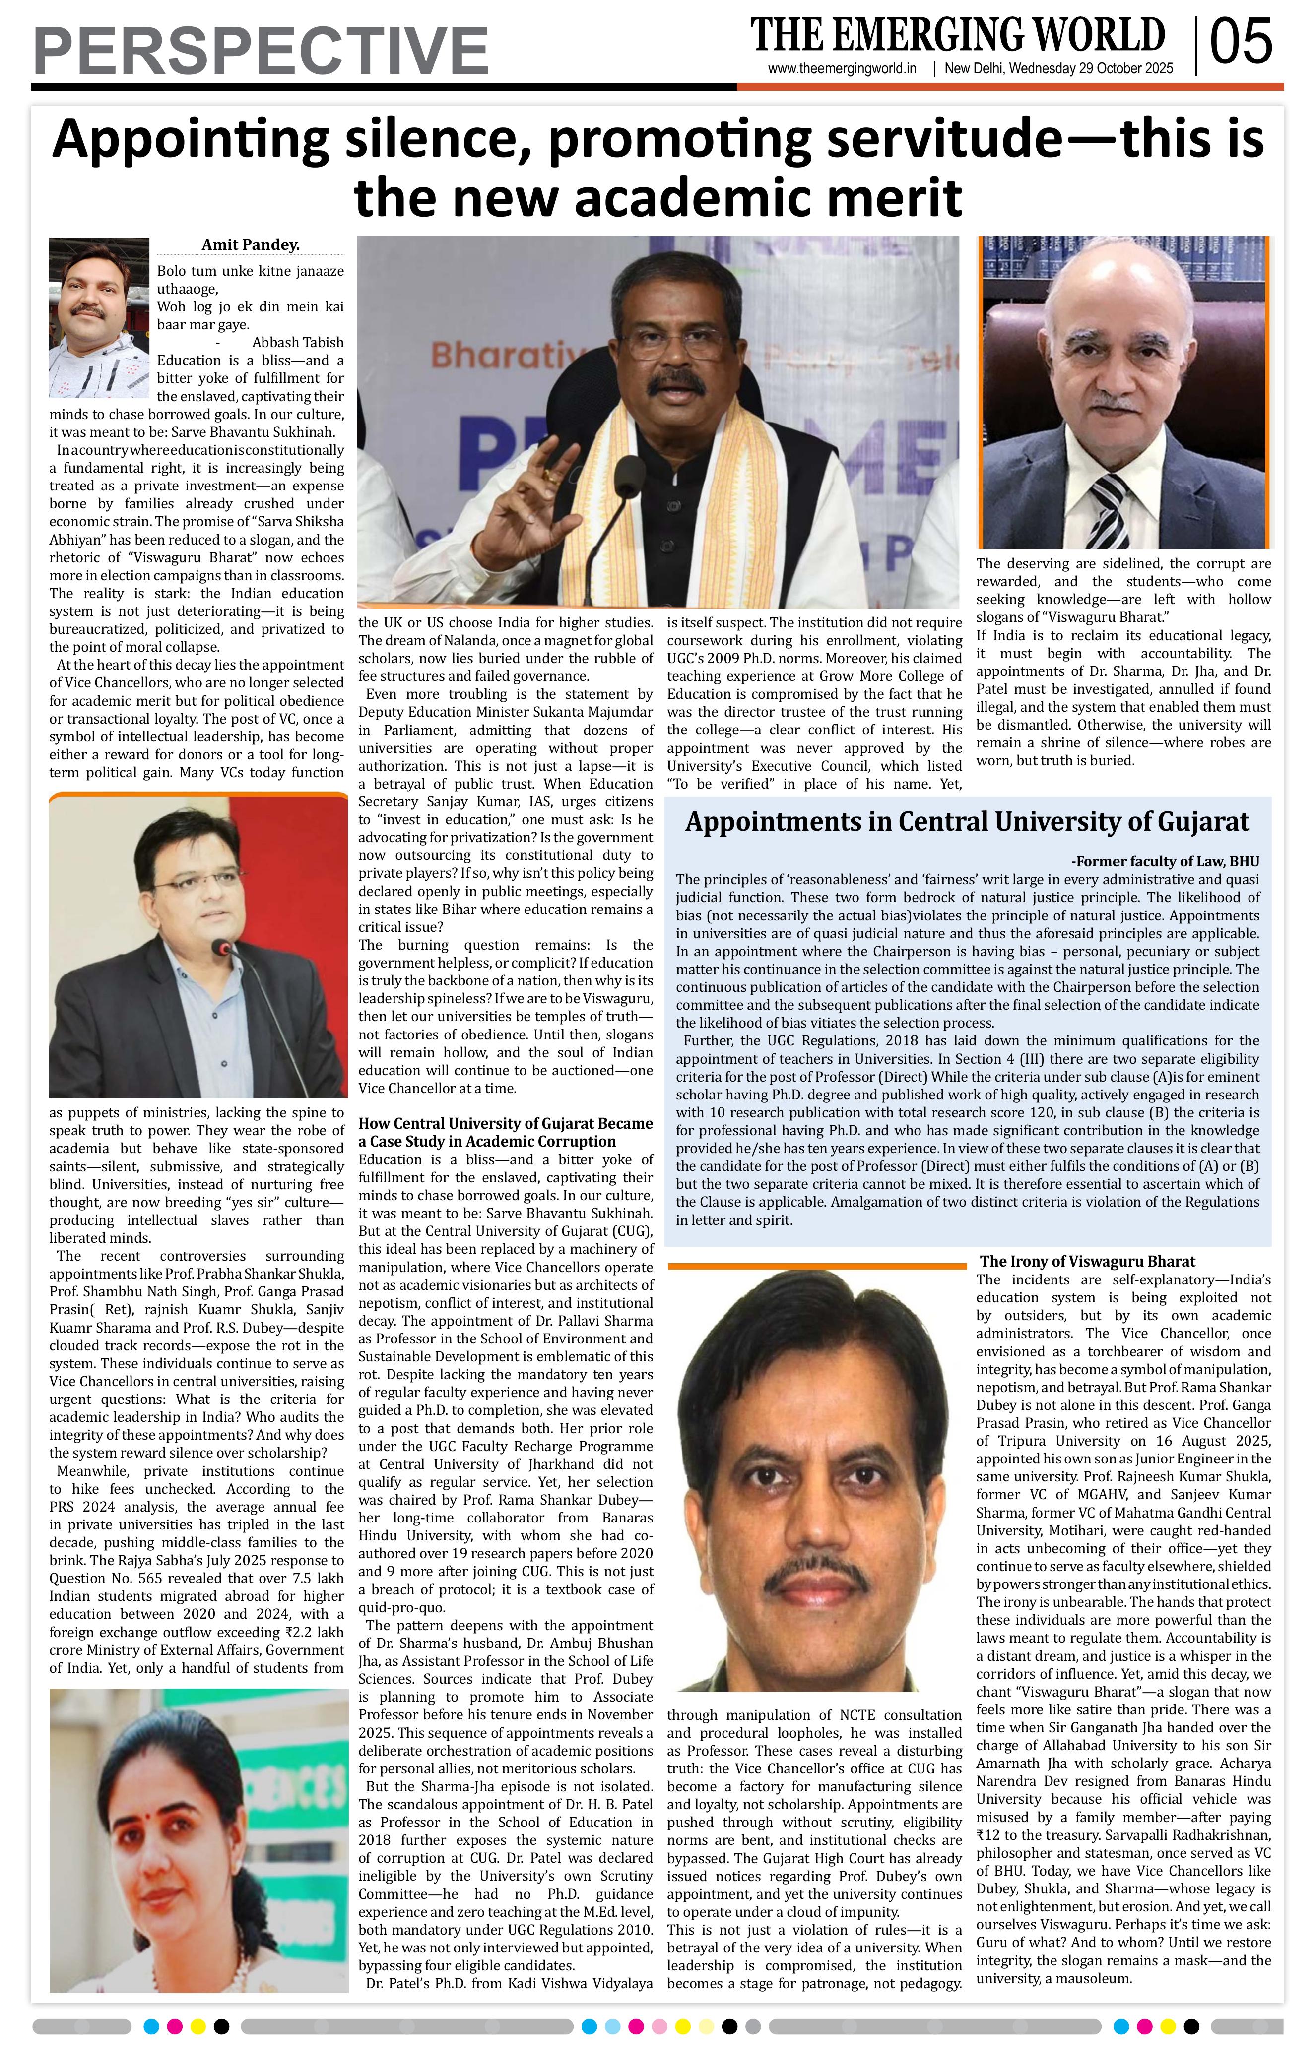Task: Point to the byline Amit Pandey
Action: click(250, 245)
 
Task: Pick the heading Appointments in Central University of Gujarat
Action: click(967, 822)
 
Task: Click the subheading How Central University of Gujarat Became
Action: click(505, 1124)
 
